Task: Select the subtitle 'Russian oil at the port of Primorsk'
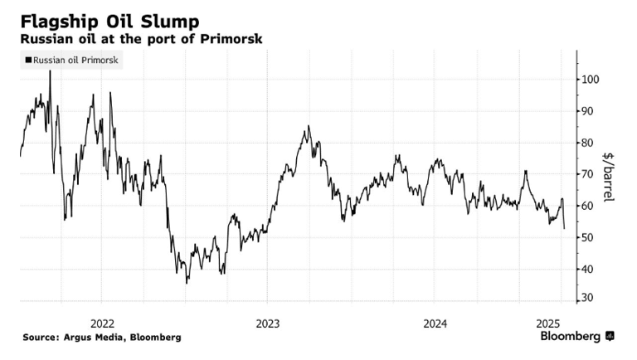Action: [x=142, y=39]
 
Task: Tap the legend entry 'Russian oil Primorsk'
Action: [x=75, y=60]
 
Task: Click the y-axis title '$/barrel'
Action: [x=612, y=178]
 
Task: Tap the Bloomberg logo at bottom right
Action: [x=577, y=337]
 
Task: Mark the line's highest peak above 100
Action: [x=50, y=71]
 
